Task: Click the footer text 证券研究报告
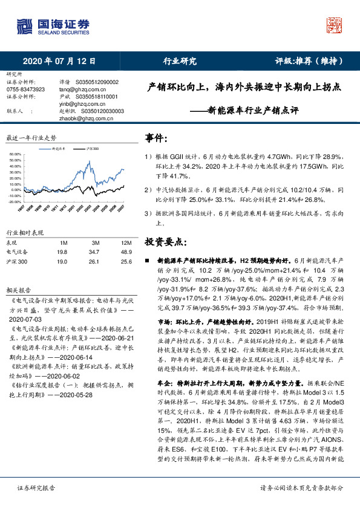(x=35, y=487)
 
